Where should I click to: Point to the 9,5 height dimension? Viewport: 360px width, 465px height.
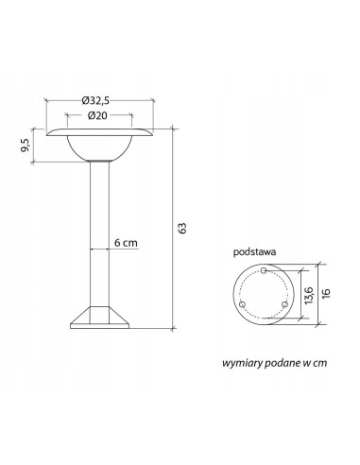[x=25, y=146]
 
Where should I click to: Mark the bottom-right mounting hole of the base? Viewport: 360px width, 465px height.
[x=283, y=305]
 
